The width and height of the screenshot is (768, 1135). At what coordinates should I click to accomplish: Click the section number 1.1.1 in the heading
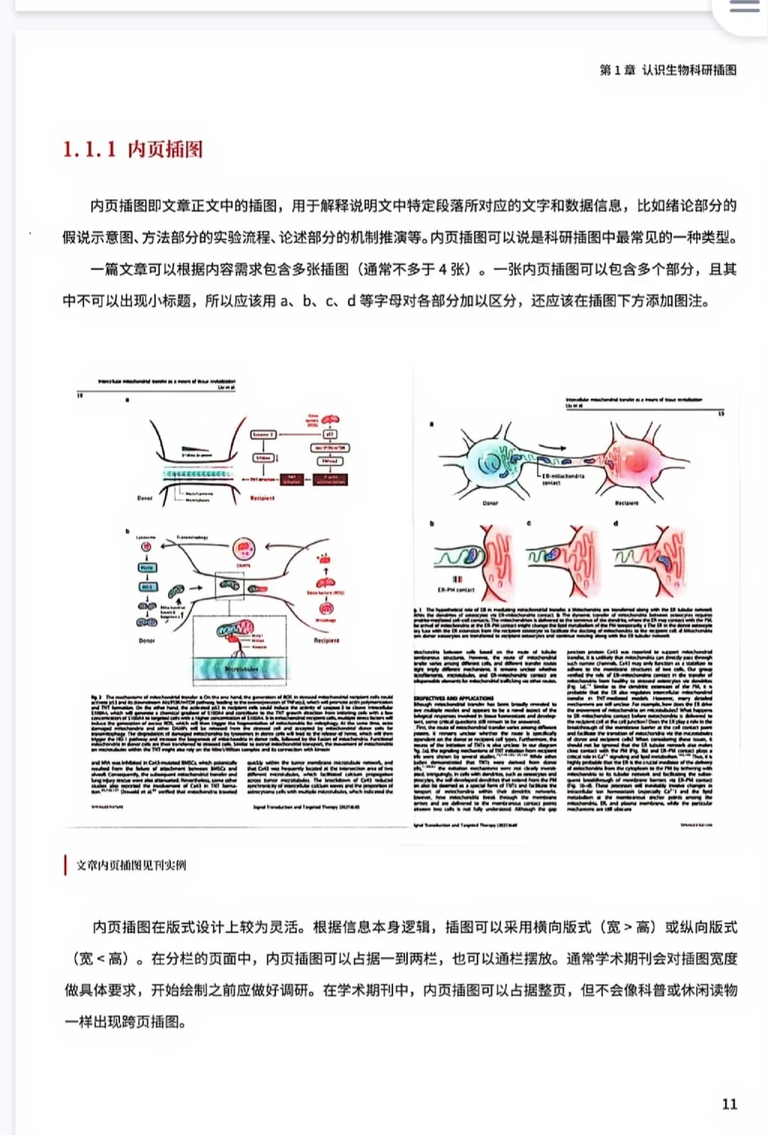89,149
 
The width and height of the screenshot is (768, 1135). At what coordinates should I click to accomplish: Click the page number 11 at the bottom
730,1104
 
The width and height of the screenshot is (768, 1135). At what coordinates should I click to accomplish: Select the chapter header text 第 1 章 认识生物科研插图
668,70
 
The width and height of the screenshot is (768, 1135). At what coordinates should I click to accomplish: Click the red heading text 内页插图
165,149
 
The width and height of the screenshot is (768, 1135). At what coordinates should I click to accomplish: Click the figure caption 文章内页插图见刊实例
131,865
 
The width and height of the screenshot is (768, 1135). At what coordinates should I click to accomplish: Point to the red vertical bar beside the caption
65,865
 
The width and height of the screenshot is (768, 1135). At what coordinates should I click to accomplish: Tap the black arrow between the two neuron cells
558,449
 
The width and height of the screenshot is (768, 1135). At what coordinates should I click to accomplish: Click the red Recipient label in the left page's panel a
262,498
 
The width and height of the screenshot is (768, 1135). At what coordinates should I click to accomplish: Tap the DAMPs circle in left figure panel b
244,549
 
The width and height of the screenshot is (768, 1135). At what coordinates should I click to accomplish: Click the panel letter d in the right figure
616,523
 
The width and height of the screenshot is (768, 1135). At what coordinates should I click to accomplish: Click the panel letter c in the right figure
529,523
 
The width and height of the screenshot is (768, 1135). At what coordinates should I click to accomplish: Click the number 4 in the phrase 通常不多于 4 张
442,270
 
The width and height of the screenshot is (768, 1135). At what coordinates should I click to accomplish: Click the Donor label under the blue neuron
491,503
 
